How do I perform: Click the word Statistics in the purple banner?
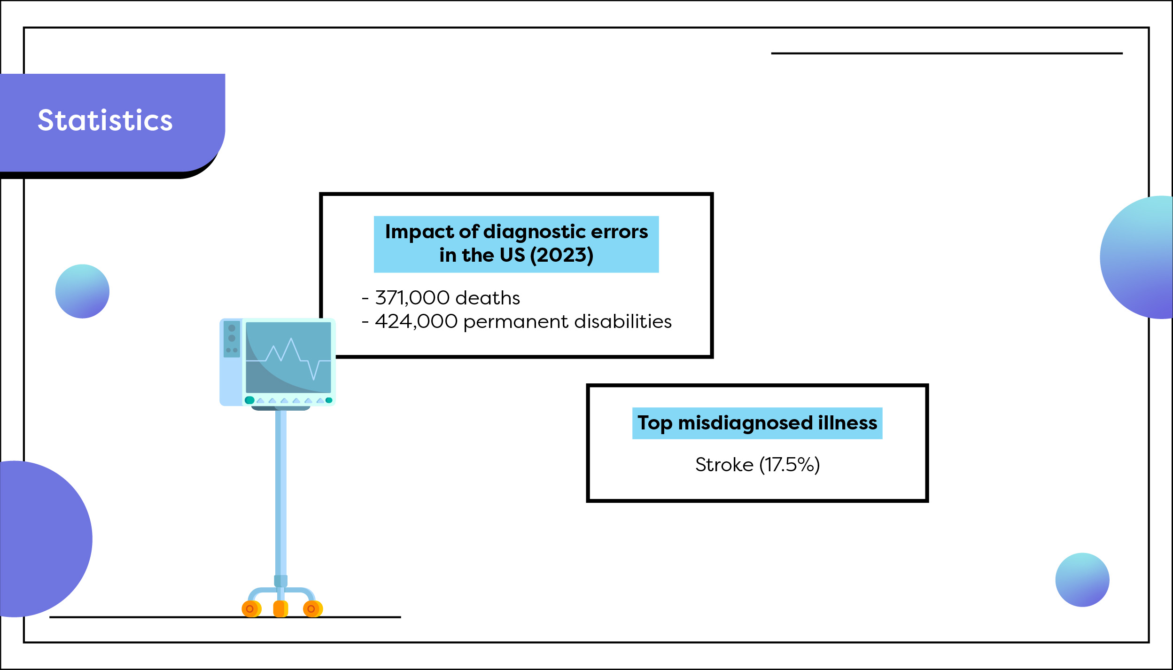tap(105, 120)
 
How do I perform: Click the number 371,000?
tap(412, 298)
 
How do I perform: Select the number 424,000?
tap(416, 321)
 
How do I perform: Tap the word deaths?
tap(487, 298)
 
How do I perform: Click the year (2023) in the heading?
tap(561, 255)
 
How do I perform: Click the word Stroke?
tap(724, 465)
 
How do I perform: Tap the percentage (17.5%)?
tap(789, 465)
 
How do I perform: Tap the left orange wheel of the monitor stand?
tap(251, 609)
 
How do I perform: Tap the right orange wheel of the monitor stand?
tap(312, 609)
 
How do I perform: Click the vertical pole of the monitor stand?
tap(280, 493)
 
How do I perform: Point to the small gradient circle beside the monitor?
tap(82, 291)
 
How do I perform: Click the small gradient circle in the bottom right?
tap(1082, 580)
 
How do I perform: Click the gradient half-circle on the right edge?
tap(1142, 257)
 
